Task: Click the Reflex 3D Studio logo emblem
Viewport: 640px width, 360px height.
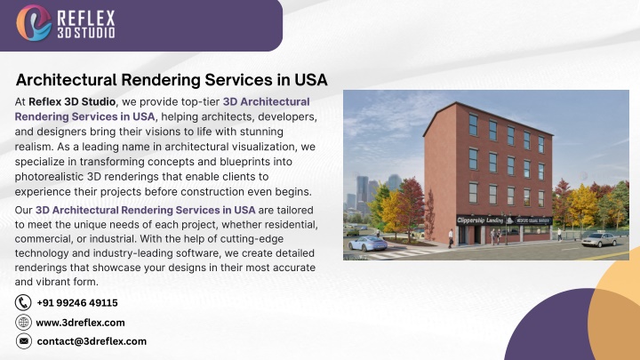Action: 34,23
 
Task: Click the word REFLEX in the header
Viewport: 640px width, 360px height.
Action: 86,19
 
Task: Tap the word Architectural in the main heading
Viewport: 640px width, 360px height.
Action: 67,80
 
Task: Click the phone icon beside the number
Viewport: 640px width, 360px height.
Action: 23,303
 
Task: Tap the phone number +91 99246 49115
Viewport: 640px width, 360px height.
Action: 77,303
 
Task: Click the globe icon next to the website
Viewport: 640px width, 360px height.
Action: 23,323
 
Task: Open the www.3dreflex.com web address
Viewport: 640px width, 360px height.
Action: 80,323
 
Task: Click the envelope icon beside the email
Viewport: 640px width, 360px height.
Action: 24,341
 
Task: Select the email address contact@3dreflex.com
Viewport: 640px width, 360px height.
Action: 92,341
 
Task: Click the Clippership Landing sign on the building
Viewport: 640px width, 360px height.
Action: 480,220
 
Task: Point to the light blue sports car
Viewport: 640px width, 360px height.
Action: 368,244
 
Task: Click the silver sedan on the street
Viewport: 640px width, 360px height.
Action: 599,240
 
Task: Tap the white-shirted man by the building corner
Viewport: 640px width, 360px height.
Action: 451,238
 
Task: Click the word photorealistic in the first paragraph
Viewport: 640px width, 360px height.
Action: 50,177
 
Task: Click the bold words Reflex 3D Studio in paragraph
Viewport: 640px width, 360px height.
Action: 72,101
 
